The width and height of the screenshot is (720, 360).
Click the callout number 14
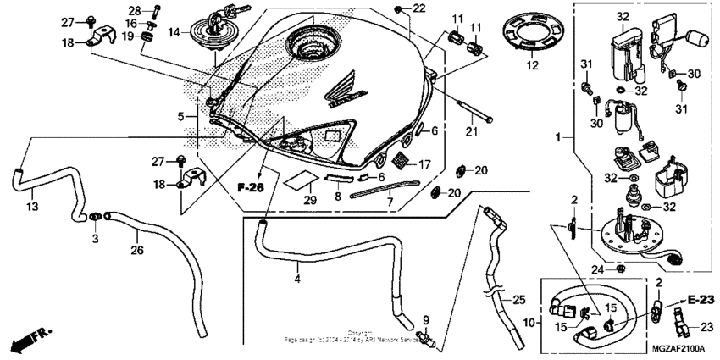pos(174,33)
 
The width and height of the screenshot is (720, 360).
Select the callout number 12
pos(532,64)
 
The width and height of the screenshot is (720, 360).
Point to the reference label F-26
pos(252,185)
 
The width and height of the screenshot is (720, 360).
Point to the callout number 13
pos(30,208)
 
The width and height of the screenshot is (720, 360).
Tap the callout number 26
pos(136,250)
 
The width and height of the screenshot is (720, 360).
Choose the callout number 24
pos(596,270)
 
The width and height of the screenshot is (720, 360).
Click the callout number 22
pos(418,8)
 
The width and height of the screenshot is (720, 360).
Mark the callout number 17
pos(424,163)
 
